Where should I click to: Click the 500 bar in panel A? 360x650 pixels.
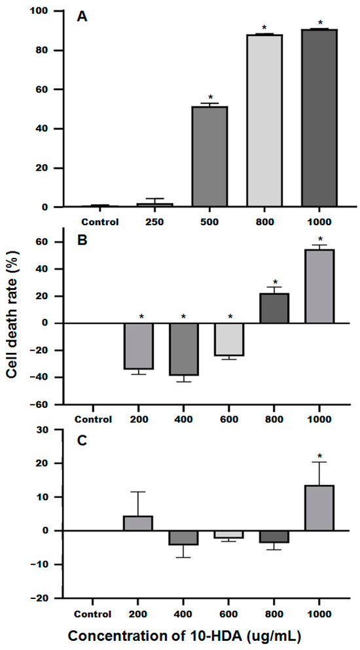coord(209,156)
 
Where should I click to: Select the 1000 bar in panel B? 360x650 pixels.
coord(319,286)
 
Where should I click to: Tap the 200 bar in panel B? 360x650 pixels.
coord(139,346)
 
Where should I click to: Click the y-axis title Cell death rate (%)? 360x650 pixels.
coord(16,325)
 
